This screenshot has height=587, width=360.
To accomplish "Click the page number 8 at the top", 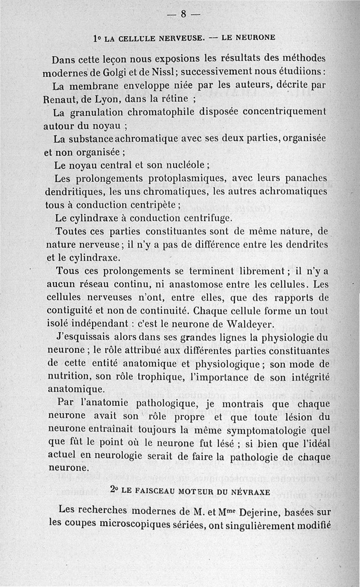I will [183, 14].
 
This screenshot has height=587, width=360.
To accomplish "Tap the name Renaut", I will [60, 98].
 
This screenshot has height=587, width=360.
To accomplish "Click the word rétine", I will [174, 98].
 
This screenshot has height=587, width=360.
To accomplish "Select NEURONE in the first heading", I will [248, 38].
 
